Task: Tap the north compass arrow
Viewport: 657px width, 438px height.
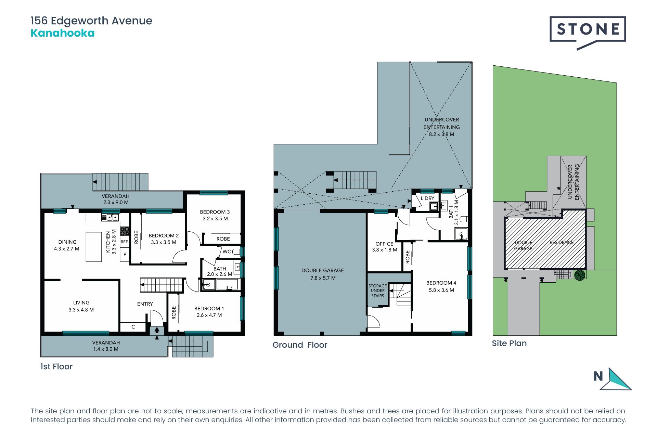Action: [616, 379]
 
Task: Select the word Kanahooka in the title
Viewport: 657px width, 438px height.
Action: [63, 33]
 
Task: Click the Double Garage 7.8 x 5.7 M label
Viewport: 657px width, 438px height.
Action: [323, 274]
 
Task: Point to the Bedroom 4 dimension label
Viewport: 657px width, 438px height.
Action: [441, 290]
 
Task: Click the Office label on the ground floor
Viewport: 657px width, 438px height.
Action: [384, 244]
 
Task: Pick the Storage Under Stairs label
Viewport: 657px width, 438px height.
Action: [378, 291]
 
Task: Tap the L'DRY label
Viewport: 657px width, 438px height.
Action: [427, 198]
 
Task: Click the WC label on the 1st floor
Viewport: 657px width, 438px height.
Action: [227, 252]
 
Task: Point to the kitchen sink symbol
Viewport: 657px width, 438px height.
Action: [110, 217]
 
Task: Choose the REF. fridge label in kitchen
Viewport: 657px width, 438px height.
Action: [125, 242]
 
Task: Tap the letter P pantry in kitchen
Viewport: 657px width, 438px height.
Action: [125, 255]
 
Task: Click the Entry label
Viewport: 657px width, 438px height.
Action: [145, 304]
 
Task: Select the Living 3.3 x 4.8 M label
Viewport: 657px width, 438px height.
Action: [81, 306]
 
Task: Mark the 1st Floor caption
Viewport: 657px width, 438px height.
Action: [56, 366]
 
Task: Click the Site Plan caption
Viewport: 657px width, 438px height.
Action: [509, 343]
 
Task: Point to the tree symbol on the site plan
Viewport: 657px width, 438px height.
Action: [580, 275]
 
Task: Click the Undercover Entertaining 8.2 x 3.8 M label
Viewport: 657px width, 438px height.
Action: [442, 127]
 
